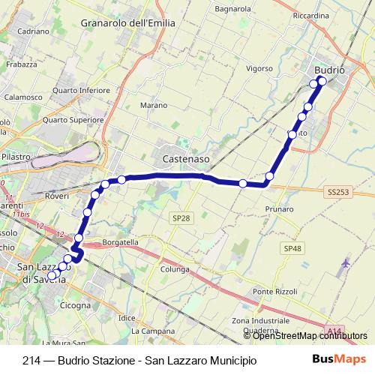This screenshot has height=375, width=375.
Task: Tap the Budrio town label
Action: (x=328, y=70)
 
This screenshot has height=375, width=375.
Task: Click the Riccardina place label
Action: (x=311, y=15)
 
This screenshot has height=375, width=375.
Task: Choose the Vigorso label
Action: (x=259, y=68)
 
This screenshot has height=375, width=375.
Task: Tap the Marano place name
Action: (x=154, y=106)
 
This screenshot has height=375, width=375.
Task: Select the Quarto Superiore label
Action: (x=73, y=119)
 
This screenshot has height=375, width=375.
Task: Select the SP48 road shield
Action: (x=292, y=248)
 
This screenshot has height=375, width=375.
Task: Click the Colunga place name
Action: (x=174, y=268)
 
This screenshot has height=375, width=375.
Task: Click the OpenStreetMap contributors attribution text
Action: (x=310, y=335)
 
